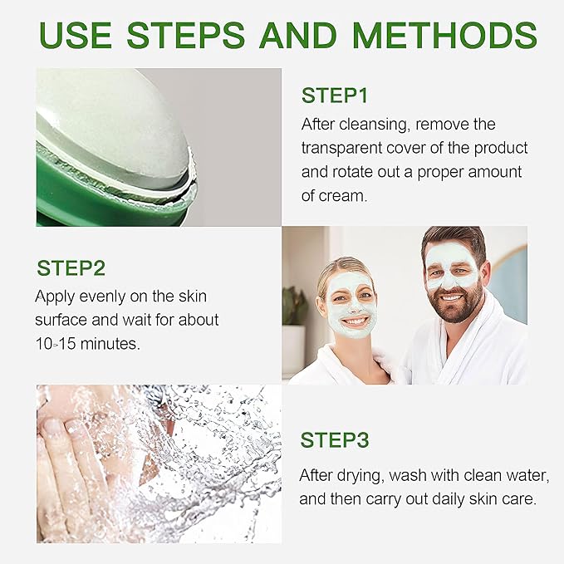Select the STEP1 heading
tap(335, 95)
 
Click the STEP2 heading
tap(71, 268)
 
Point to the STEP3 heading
tap(335, 440)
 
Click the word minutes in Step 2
tap(112, 343)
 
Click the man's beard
tap(454, 306)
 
